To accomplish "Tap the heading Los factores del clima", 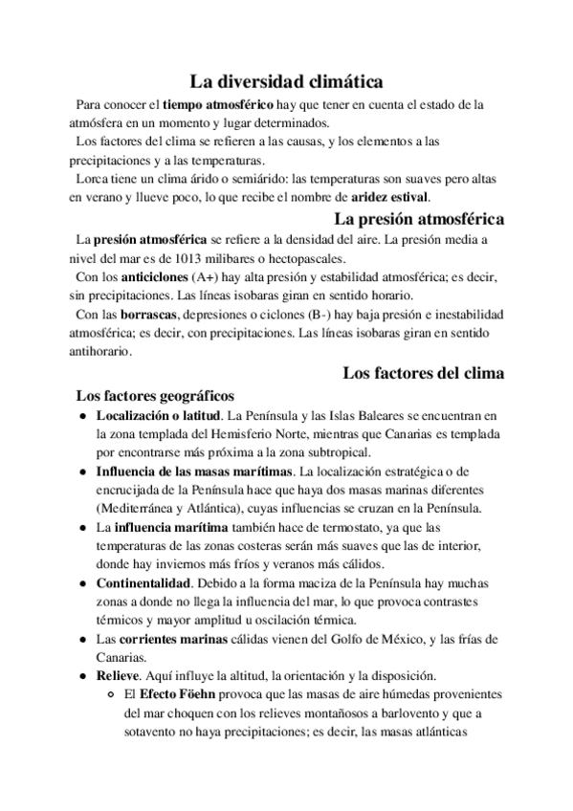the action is (424, 373).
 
